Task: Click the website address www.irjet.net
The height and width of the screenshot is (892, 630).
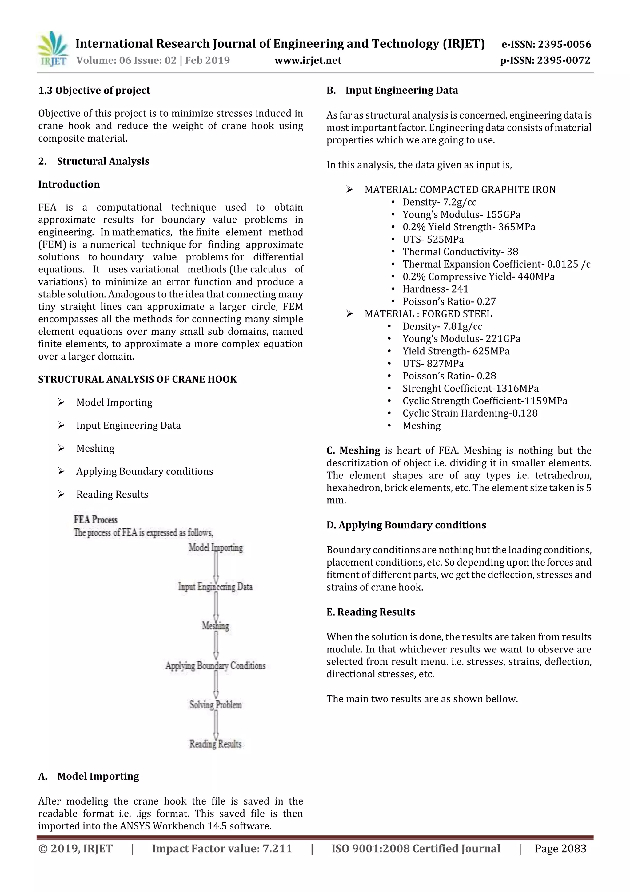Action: pos(308,61)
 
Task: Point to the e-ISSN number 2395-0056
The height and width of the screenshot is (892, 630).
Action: pos(564,44)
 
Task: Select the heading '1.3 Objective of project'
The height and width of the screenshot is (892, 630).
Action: pos(94,91)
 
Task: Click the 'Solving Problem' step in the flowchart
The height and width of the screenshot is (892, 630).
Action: pos(215,705)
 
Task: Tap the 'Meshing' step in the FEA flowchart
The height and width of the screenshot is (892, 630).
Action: pos(215,626)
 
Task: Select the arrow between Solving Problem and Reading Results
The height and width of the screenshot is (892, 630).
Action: pos(216,725)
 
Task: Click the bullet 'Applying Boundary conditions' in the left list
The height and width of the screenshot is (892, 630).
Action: pos(144,471)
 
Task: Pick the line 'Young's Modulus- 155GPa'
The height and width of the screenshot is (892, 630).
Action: pos(461,214)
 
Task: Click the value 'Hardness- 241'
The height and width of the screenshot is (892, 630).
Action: pos(435,289)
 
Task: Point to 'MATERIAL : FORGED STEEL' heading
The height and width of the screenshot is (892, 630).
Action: pos(428,314)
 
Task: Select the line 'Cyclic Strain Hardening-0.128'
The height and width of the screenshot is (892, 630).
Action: pos(470,414)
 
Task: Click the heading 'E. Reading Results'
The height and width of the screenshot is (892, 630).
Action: pos(370,612)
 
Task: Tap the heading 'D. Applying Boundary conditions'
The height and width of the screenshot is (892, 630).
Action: pos(406,525)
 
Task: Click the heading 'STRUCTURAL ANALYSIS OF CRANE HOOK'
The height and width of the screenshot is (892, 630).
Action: pos(138,380)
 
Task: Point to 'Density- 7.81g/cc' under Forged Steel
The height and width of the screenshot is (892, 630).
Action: pos(442,326)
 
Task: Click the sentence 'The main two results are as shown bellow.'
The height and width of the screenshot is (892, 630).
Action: pos(422,699)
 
